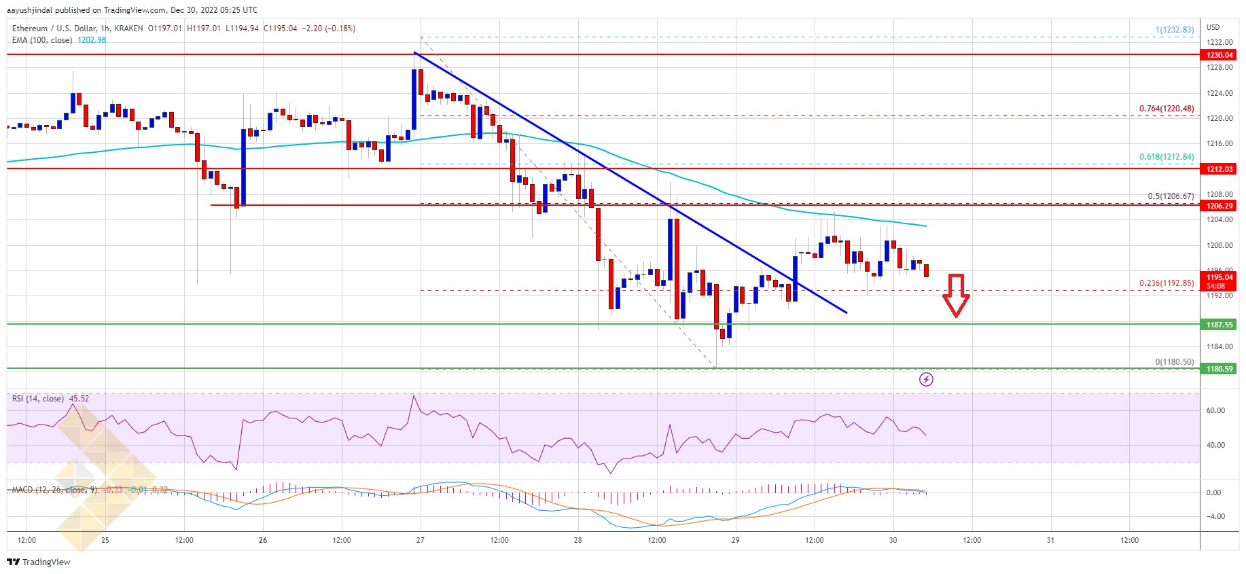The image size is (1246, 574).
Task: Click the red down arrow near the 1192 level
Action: pos(956,295)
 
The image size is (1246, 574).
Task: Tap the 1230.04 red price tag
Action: pos(1220,55)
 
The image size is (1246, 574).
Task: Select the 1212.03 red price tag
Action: pos(1220,169)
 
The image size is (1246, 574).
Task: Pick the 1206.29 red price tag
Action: pos(1220,206)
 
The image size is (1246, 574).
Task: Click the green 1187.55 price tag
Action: pos(1220,325)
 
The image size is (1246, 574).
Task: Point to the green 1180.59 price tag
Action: pos(1220,369)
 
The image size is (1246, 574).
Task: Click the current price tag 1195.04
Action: pos(1220,277)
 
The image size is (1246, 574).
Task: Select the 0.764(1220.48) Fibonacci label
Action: pos(1167,109)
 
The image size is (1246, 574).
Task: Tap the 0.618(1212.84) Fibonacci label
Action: pos(1167,157)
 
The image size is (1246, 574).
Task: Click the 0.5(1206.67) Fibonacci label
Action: pos(1171,196)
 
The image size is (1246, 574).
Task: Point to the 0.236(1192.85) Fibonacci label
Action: pos(1167,283)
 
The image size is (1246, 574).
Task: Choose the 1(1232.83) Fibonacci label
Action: pos(1175,30)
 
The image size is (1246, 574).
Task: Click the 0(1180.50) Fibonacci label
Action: pos(1174,362)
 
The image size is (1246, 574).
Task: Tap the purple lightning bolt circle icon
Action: pos(926,379)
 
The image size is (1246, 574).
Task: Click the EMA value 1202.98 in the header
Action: pos(92,40)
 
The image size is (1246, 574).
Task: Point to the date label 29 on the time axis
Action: pos(735,540)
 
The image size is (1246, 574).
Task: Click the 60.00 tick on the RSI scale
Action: pos(1215,410)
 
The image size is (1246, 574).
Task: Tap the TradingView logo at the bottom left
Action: pos(39,562)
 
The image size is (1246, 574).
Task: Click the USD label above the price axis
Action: pos(1213,27)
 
